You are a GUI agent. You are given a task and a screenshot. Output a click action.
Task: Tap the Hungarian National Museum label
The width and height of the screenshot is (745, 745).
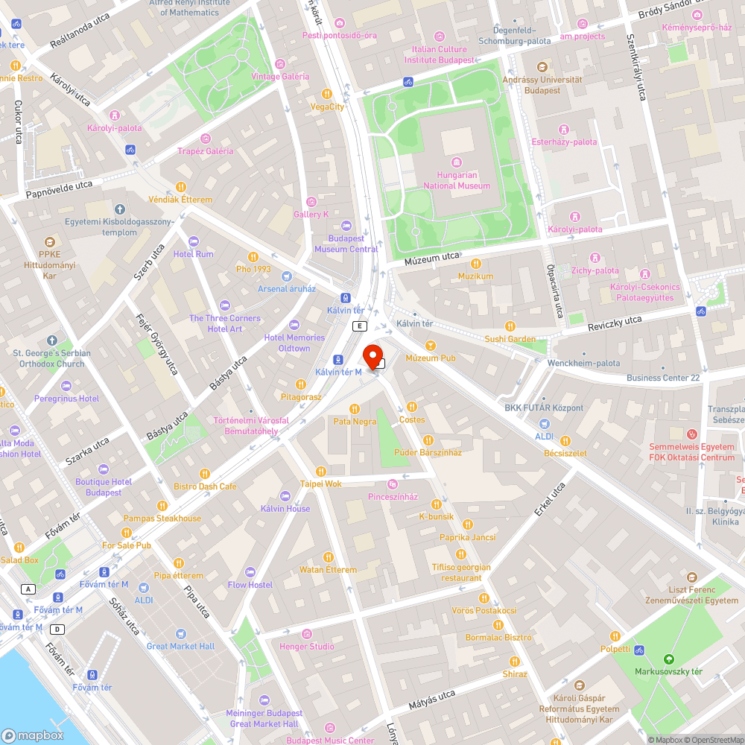[x=457, y=180]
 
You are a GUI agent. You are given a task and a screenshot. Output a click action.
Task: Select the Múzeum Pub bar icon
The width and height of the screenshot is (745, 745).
[x=430, y=346]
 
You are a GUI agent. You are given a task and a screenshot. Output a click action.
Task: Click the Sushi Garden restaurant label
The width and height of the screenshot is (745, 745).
[x=510, y=339]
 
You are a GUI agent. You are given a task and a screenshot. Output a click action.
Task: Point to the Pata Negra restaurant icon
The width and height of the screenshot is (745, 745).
[x=355, y=409]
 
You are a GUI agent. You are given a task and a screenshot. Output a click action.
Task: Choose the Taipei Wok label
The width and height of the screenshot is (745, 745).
[x=320, y=484]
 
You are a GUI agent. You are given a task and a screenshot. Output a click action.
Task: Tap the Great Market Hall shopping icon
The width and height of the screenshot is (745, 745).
[x=180, y=634]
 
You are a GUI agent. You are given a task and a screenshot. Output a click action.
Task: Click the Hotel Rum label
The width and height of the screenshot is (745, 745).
[x=193, y=254]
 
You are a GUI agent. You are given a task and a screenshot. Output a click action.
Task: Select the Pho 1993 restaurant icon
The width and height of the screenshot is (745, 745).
[x=253, y=257]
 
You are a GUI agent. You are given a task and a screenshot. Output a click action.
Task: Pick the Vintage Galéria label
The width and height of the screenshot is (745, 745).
[x=279, y=77]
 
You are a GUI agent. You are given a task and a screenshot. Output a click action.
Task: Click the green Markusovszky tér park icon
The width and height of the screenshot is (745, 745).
[x=668, y=659]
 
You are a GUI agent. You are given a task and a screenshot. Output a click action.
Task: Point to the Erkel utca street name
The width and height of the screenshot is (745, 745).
[x=550, y=499]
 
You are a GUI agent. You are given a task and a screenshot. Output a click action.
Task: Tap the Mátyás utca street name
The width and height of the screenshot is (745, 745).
[x=431, y=700]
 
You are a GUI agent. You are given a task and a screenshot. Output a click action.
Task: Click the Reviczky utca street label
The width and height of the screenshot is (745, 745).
[x=615, y=321]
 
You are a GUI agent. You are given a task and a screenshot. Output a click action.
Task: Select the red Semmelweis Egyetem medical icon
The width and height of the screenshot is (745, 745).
[x=691, y=434]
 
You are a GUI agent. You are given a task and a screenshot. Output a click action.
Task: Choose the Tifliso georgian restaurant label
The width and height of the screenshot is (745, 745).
[x=461, y=572]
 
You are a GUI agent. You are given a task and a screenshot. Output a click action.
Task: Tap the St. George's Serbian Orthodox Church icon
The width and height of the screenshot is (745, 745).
[x=51, y=340]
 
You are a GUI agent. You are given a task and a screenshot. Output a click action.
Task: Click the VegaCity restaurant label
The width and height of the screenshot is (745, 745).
[x=327, y=107]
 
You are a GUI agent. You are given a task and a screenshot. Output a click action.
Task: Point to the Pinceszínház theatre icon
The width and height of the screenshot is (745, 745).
[x=393, y=484]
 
